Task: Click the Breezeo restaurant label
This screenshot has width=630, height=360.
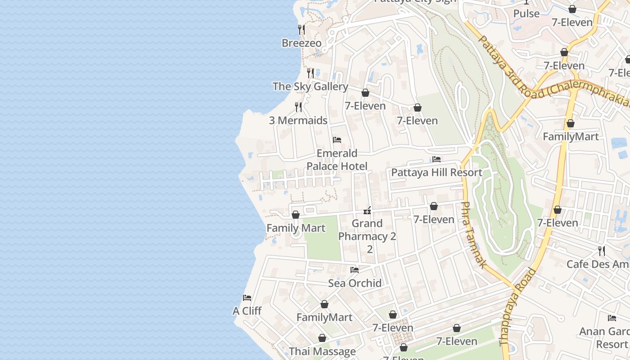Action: point(301,43)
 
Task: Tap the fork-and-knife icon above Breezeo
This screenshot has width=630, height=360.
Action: point(301,30)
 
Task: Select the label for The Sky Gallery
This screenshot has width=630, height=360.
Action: point(310,86)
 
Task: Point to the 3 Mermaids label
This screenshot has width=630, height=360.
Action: point(298,121)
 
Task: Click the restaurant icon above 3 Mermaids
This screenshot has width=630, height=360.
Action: point(298,107)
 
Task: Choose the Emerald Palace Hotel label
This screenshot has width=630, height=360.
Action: point(337,160)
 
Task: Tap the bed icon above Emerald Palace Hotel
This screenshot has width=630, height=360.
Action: point(337,140)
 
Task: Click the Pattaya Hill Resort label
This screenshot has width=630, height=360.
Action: point(436,172)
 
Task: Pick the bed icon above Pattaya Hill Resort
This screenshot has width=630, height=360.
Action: point(436,159)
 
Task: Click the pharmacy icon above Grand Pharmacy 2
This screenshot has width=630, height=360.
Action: point(367,210)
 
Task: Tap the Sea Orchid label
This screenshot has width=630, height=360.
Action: point(355,283)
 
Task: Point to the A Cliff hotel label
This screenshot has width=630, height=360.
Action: point(247,311)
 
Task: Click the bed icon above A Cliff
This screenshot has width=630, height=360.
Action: point(247,298)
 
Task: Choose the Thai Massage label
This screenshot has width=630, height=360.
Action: point(322,351)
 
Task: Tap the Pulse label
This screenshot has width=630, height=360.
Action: point(526,13)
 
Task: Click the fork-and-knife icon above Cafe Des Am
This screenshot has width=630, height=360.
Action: point(602,251)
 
